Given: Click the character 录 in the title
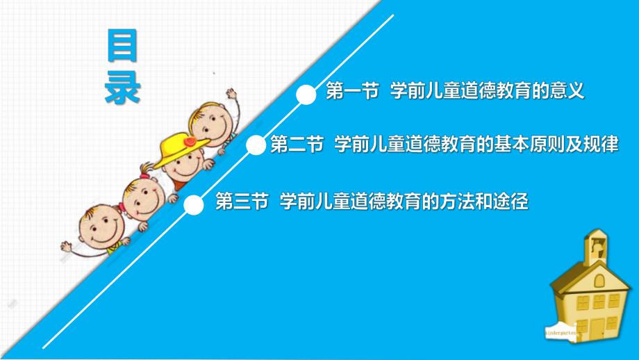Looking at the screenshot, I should pyautogui.click(x=123, y=88).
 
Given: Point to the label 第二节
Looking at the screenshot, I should pyautogui.click(x=296, y=145).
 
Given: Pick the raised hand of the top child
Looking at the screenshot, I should pyautogui.click(x=230, y=95).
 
